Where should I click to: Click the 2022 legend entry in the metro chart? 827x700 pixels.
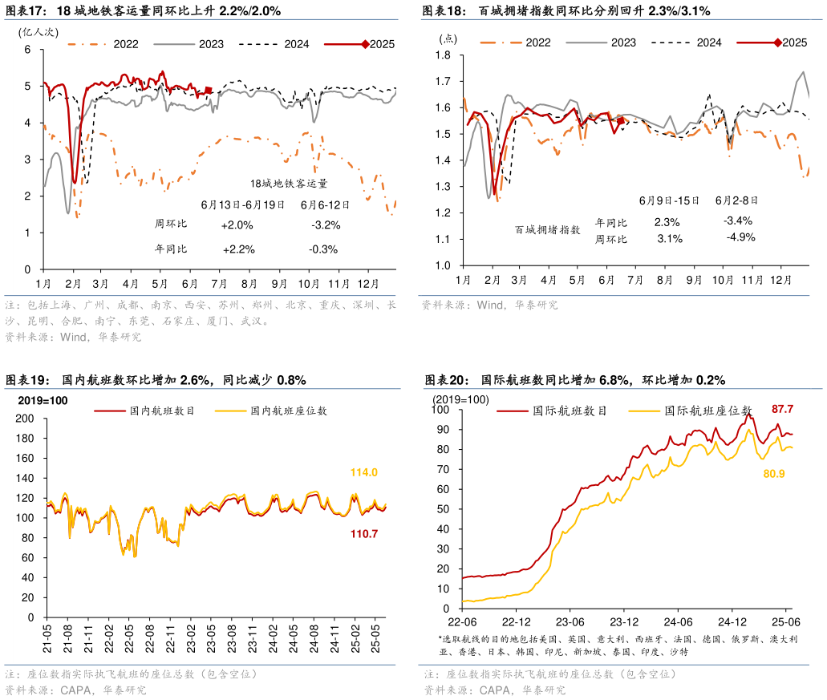[x=116, y=44]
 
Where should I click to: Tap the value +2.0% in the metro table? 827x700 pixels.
[x=237, y=225]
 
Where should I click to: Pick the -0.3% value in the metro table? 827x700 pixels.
[x=323, y=249]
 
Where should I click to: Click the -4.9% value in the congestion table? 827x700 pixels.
[x=740, y=237]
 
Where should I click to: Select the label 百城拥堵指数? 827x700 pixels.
[x=548, y=230]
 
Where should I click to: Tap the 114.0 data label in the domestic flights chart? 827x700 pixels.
[x=364, y=473]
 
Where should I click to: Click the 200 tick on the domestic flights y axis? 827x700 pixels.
[x=23, y=419]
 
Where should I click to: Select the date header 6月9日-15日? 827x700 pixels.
[x=669, y=200]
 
